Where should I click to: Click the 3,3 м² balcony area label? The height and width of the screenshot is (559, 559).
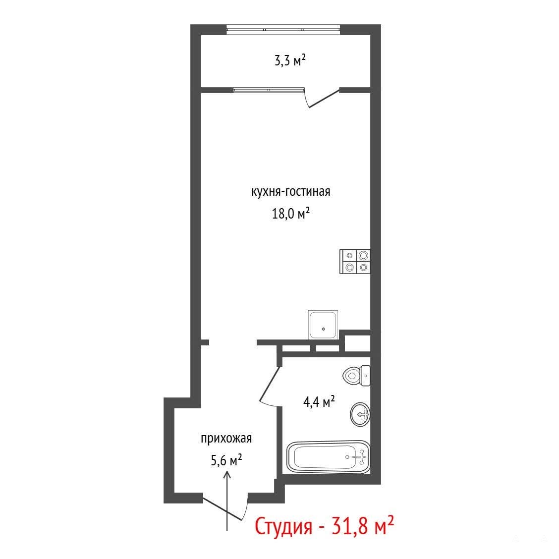pyautogui.click(x=290, y=60)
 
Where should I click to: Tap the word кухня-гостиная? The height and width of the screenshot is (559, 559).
pyautogui.click(x=290, y=192)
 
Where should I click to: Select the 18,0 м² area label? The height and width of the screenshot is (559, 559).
pyautogui.click(x=290, y=214)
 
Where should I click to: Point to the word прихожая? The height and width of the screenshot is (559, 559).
pyautogui.click(x=226, y=439)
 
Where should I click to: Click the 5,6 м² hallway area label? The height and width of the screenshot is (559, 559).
pyautogui.click(x=226, y=460)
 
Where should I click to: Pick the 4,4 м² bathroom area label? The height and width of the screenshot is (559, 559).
pyautogui.click(x=319, y=402)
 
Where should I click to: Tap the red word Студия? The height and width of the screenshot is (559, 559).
pyautogui.click(x=283, y=527)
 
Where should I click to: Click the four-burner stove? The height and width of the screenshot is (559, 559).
pyautogui.click(x=355, y=261)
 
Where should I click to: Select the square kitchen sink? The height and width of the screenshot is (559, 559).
pyautogui.click(x=323, y=325)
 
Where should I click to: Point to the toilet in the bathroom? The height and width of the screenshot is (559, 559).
pyautogui.click(x=356, y=376)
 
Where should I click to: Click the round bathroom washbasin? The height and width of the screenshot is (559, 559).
pyautogui.click(x=360, y=414)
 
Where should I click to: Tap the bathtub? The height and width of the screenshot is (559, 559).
pyautogui.click(x=329, y=457)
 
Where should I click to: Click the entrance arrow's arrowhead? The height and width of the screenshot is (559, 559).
pyautogui.click(x=227, y=474)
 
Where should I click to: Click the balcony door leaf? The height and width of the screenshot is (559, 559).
pyautogui.click(x=324, y=98)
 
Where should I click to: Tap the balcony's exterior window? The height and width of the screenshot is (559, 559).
pyautogui.click(x=283, y=29)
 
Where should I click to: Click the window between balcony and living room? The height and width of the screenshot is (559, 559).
pyautogui.click(x=269, y=90)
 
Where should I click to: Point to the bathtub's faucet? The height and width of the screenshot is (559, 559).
pyautogui.click(x=361, y=457)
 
